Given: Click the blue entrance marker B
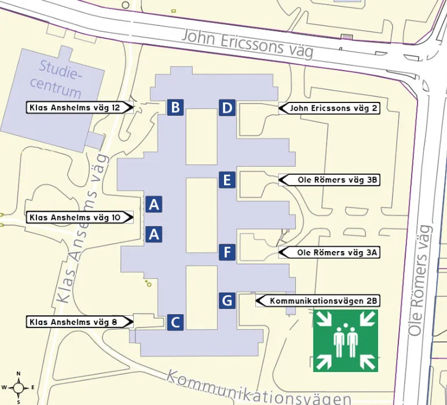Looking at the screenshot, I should [176, 107].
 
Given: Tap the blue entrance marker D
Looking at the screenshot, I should [227, 108].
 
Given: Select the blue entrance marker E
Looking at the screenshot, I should [227, 180].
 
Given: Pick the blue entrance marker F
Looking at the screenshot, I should [227, 252].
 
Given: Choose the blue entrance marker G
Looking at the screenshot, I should [227, 300].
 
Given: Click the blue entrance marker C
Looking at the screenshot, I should [176, 322].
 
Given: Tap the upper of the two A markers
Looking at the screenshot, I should [154, 204].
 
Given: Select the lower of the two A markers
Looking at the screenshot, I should [154, 234].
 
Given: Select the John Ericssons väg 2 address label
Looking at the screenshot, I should [329, 108].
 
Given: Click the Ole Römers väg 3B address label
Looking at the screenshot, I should [329, 180].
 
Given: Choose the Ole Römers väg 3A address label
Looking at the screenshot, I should [329, 252].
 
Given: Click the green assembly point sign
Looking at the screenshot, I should [346, 341].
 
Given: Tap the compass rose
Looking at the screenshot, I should [19, 387].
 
